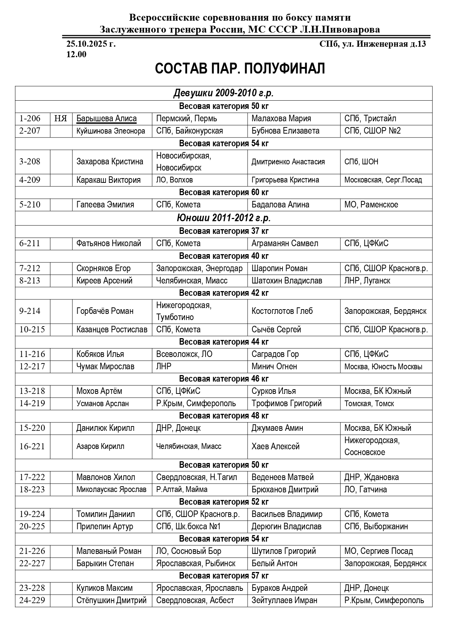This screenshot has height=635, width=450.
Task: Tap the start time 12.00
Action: click(76, 54)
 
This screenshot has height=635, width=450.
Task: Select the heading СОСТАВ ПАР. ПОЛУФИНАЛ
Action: click(240, 68)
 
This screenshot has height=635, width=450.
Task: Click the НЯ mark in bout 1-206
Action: click(61, 118)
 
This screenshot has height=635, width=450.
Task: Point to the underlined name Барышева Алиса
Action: click(106, 118)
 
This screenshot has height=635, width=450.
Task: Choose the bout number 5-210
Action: click(30, 205)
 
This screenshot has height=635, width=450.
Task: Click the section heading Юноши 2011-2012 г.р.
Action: click(224, 218)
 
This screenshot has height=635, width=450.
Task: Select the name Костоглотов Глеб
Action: click(282, 311)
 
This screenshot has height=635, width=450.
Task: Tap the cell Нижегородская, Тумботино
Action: click(183, 311)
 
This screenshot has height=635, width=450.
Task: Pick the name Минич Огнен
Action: click(274, 366)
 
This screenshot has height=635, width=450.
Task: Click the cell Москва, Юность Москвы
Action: click(383, 367)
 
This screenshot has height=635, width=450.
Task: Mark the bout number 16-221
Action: click(32, 446)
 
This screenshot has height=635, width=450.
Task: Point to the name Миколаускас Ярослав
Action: click(111, 489)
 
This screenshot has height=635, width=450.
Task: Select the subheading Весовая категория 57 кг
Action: click(224, 576)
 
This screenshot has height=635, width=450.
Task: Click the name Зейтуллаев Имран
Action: click(284, 600)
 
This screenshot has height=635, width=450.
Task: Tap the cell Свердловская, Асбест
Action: click(195, 600)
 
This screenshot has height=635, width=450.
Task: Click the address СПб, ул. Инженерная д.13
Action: click(372, 44)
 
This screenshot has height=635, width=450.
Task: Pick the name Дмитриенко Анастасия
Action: click(288, 162)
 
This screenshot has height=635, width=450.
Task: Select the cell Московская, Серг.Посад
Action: click(383, 180)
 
